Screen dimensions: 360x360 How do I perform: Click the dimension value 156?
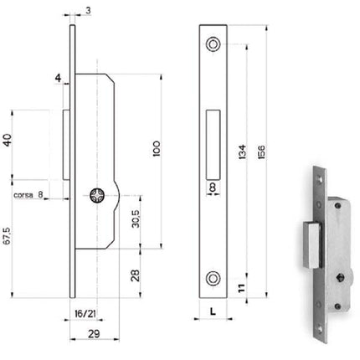[261, 152]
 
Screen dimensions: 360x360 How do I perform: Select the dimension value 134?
[242, 152]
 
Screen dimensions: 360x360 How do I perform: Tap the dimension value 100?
[157, 148]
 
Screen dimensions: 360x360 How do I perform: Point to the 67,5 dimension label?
[7, 236]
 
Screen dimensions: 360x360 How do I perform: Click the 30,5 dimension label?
[136, 219]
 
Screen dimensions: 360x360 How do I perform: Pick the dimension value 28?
[136, 275]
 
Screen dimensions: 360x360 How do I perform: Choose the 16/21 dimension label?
[85, 314]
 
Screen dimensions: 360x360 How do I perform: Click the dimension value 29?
[94, 334]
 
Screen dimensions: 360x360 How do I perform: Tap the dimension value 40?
[8, 140]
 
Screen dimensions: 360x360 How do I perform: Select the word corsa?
[23, 195]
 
